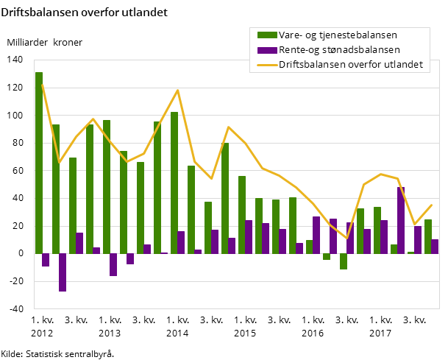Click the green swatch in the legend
(267, 35)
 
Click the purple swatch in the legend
(267, 50)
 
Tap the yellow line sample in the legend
(267, 65)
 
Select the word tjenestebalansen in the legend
(359, 35)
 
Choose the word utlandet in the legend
(405, 65)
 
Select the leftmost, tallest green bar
(39, 162)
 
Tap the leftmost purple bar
(46, 260)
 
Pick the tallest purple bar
(401, 220)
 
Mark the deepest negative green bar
(344, 261)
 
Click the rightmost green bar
(428, 236)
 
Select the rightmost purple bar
(435, 247)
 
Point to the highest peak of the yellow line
(178, 90)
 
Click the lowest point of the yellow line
(347, 239)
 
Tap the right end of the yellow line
(432, 205)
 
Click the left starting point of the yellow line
(42, 84)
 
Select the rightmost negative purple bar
(130, 258)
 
